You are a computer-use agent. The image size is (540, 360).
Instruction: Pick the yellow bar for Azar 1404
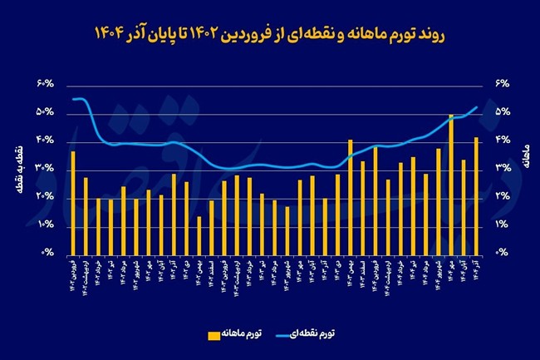pos(476,195)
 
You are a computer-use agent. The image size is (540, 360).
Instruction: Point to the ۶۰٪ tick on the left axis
pos(45,84)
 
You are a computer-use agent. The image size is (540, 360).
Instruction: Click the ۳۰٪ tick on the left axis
pos(45,169)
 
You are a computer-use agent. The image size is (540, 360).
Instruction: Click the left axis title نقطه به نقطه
pos(18,168)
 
